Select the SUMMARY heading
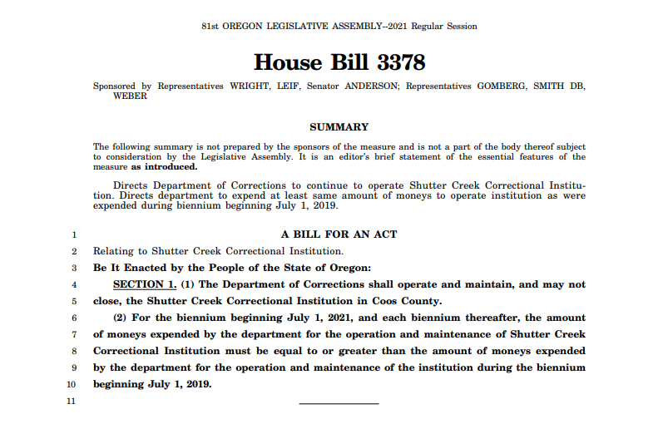coord(339,127)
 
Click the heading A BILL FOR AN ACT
coord(339,234)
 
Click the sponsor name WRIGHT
coord(250,86)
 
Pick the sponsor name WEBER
coord(130,96)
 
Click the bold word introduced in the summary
coord(170,166)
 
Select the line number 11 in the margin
coord(72,402)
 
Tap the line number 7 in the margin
coord(73,335)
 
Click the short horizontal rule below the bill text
coord(339,404)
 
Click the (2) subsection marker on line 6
coord(121,318)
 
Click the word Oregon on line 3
coord(351,268)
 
